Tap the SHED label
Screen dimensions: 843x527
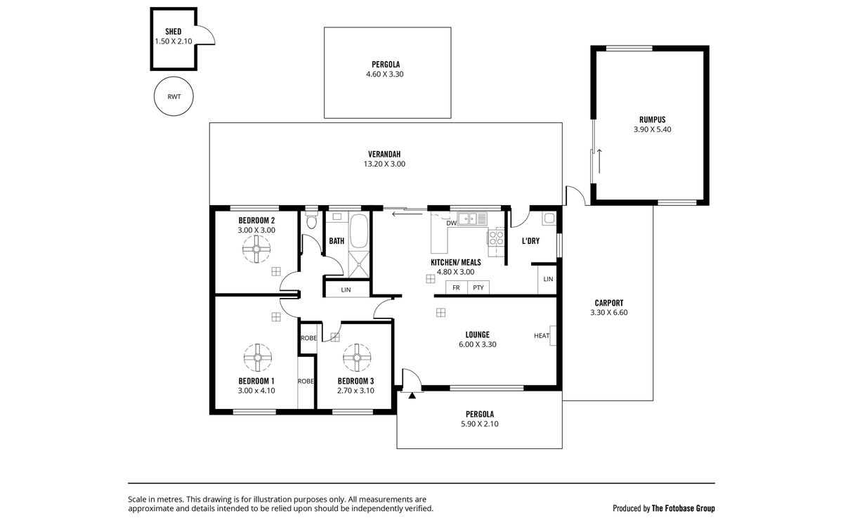pos(173,32)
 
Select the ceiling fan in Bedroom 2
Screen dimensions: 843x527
pos(256,249)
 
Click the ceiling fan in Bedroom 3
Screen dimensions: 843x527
pos(357,358)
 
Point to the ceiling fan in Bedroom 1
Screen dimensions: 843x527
pos(257,358)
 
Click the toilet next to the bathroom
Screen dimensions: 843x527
pos(311,219)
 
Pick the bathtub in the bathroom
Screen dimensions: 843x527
pos(359,231)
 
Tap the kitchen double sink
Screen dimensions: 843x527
pos(472,219)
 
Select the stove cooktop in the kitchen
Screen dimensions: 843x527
pos(496,238)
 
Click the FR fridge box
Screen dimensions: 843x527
pos(456,287)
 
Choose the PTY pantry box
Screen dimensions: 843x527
pos(478,287)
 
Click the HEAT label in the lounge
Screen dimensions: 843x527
pos(542,336)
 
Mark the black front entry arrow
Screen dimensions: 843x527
pos(412,395)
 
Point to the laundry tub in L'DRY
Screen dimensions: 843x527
pos(549,219)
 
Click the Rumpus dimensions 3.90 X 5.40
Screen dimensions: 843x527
pos(652,129)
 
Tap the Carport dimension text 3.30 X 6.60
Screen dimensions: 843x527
pos(609,313)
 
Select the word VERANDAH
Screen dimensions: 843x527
pos(384,154)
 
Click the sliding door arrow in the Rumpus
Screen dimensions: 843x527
pos(599,161)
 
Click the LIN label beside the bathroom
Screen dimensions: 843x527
pos(346,289)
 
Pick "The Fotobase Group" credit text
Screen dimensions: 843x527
pos(683,509)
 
